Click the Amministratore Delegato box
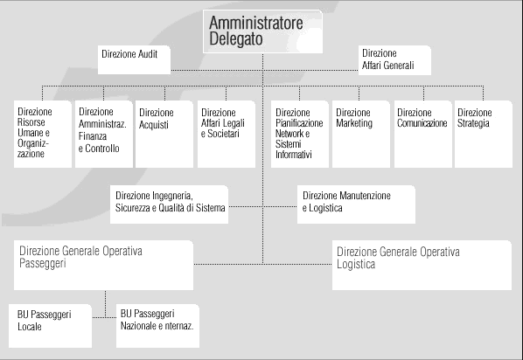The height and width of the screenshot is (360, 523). point(263,31)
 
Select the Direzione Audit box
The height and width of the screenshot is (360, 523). point(134,59)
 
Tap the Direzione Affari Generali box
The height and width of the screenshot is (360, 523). point(394,60)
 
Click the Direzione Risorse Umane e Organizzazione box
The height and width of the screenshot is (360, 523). point(43,134)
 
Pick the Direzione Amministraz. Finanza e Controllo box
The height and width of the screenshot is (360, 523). point(104,134)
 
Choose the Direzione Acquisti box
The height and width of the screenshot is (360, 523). point(164,134)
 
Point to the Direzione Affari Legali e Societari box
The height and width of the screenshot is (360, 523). point(227,134)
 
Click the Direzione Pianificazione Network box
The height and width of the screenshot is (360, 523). point(299,134)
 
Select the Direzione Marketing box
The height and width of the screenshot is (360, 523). point(361,134)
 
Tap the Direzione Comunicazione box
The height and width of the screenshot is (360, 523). point(423,134)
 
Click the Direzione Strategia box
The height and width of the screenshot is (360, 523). point(484,134)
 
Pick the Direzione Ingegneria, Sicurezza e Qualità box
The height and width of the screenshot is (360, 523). point(169,204)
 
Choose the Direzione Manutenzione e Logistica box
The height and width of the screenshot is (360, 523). point(356,204)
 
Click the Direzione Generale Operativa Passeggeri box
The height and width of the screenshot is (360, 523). point(103,265)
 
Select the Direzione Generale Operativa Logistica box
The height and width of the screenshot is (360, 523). point(422,265)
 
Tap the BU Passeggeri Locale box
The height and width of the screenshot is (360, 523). point(50,326)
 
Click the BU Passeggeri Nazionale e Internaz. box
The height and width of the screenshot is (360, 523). point(157,326)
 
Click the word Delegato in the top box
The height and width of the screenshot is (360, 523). point(236,38)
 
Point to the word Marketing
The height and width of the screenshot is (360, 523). point(354,123)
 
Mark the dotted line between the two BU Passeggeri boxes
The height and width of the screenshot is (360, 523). point(104,317)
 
